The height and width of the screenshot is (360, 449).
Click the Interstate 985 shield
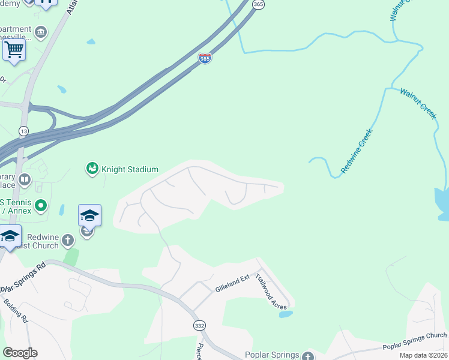click(205, 59)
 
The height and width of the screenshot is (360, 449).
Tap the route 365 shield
click(258, 4)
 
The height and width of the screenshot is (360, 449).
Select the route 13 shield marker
click(23, 131)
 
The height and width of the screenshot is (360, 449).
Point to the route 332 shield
click(199, 325)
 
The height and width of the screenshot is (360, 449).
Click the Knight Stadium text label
click(130, 170)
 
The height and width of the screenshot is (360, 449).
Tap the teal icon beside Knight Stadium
click(92, 169)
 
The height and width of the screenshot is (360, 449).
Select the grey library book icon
click(25, 179)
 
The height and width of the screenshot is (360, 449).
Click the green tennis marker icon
click(41, 206)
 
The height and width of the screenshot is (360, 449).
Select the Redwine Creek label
click(357, 151)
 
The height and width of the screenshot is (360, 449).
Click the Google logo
click(20, 353)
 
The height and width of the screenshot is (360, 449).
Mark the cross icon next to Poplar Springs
click(309, 356)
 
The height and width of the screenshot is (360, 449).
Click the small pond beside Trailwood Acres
click(286, 314)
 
